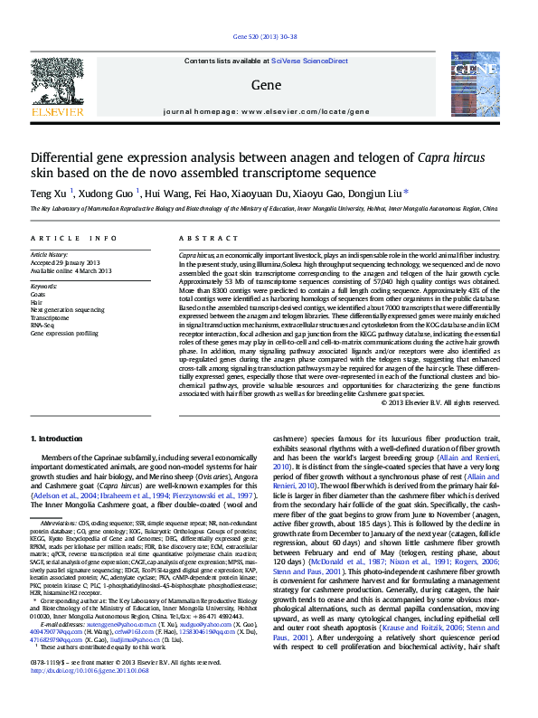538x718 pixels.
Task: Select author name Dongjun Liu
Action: [x=377, y=193]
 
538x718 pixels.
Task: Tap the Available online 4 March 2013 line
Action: [x=71, y=271]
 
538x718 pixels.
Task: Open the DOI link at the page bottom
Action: [x=89, y=696]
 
